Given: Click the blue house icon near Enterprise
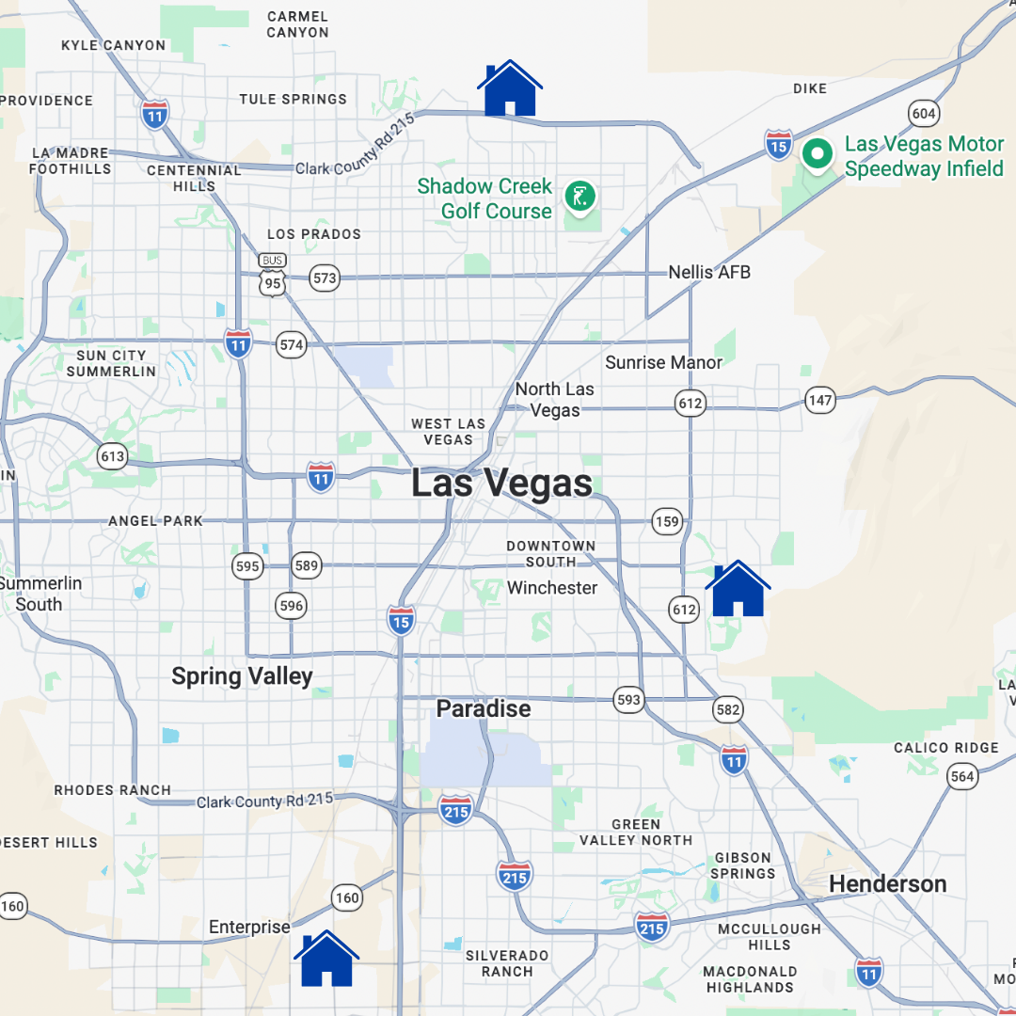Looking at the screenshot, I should (x=326, y=960).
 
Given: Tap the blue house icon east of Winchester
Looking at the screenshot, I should (x=738, y=590).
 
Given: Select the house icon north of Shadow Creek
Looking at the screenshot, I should (x=510, y=88).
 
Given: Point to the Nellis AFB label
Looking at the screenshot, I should (x=709, y=273).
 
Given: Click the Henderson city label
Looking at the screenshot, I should (x=887, y=884).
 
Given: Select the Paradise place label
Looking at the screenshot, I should (x=484, y=708).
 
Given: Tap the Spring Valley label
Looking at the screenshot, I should (x=242, y=676).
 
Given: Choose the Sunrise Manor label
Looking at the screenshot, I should (x=664, y=362).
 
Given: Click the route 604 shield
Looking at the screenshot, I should (x=924, y=114).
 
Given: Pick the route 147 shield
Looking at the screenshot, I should (x=820, y=400).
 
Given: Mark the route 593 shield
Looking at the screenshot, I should (x=628, y=700).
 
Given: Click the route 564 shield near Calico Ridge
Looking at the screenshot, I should (x=962, y=776).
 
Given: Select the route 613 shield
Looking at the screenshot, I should (x=112, y=457).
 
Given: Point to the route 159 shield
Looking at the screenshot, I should (x=667, y=521).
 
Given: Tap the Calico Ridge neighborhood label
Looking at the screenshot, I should (x=946, y=748).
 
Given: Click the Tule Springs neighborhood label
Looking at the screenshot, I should (x=293, y=99).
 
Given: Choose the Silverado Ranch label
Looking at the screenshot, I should (x=507, y=963).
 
